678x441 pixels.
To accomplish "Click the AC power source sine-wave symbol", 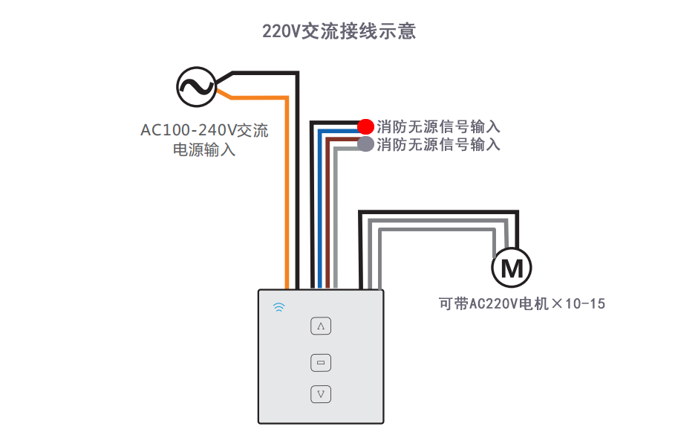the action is tap(196, 87).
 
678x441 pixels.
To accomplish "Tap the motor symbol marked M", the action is tap(512, 268).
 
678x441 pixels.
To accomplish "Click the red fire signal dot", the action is tap(365, 126).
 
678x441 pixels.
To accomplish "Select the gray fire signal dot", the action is tap(365, 144).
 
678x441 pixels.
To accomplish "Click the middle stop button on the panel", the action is tap(321, 363).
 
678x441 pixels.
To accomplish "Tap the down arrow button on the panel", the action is tap(321, 394).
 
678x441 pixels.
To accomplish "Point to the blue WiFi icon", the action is tap(279, 307).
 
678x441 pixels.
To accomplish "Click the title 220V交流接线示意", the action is tap(339, 31).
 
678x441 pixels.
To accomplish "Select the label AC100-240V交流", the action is tap(204, 130).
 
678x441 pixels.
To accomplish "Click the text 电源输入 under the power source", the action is tap(204, 150).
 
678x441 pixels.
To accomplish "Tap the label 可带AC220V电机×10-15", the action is tap(522, 303).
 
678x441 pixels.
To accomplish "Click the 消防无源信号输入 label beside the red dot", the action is tap(438, 126).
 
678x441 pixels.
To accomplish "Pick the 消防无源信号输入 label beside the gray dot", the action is tap(438, 144).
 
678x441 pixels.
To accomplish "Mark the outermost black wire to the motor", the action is tap(438, 212).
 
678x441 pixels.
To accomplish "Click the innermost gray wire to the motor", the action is tap(437, 230).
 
